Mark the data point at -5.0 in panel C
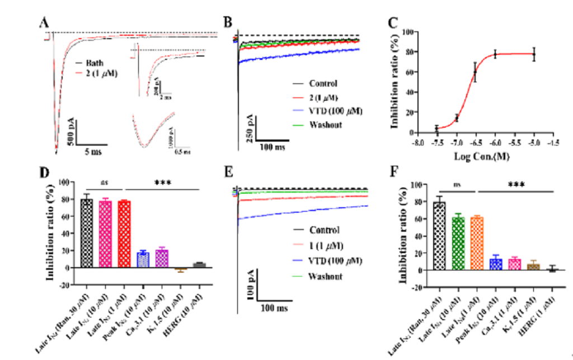(x=534, y=54)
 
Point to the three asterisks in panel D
(x=163, y=183)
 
